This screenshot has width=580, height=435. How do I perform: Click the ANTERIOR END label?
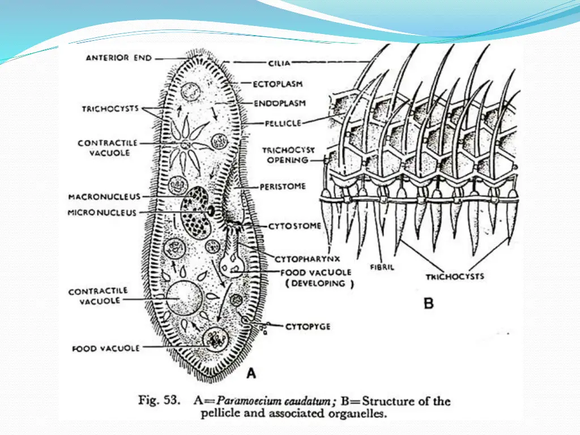point(118,58)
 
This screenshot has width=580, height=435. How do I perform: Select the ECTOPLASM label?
point(278,84)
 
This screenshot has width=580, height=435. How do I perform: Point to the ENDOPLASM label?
point(279,104)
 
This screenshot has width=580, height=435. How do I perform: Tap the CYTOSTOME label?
point(295,225)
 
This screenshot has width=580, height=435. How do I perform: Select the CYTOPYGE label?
point(308,326)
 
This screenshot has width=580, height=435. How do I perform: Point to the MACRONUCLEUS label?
point(104,197)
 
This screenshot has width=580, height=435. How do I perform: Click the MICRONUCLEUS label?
point(103,213)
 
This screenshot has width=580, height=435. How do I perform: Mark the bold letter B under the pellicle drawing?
point(429,303)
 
